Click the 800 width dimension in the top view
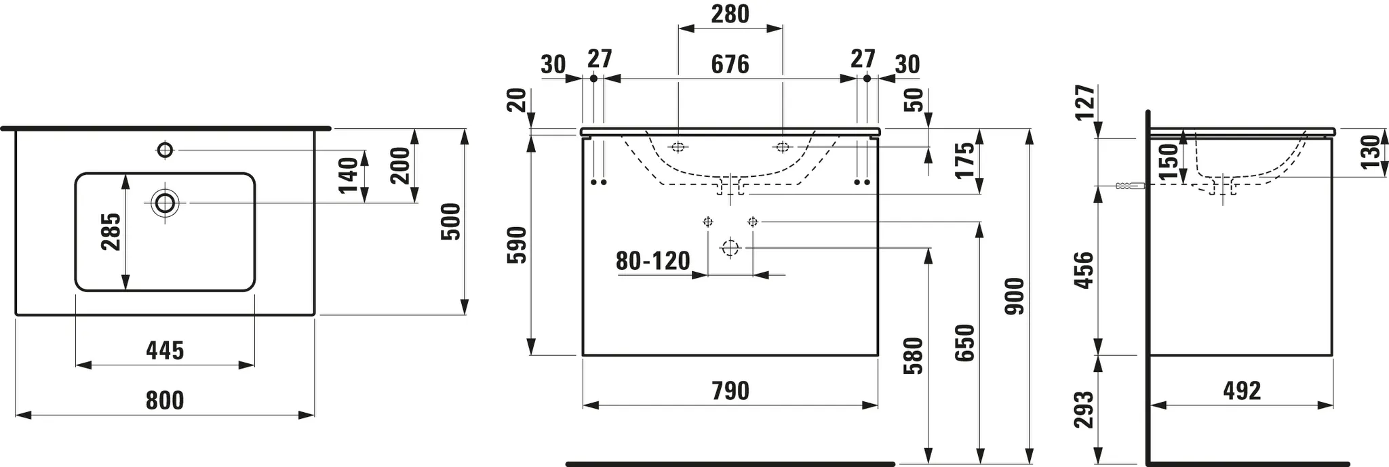point(165,400)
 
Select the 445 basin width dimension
point(165,350)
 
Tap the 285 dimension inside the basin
point(111,232)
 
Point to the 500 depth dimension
point(451,221)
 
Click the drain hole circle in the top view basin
point(165,202)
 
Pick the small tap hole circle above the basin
point(165,149)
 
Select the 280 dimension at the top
point(730,14)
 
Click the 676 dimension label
point(730,64)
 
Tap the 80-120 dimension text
point(652,260)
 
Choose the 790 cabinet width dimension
point(730,391)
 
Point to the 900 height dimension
point(1015,296)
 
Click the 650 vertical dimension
point(964,343)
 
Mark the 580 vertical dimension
point(914,356)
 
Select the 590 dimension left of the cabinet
point(517,245)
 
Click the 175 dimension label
point(964,161)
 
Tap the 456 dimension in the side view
point(1084,270)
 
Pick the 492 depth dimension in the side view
point(1242,391)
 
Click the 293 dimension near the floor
point(1084,409)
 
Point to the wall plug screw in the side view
point(1129,186)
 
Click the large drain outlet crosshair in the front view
point(730,248)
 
